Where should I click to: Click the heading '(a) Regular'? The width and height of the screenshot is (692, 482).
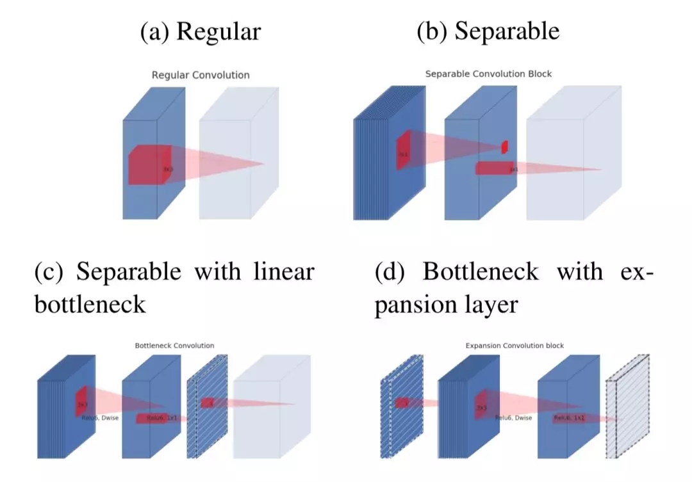tap(200, 31)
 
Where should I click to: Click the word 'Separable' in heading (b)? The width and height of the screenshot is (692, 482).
tap(507, 31)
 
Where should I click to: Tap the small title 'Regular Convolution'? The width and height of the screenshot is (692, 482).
tap(201, 75)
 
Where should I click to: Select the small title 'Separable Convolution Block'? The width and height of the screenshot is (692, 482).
tap(488, 74)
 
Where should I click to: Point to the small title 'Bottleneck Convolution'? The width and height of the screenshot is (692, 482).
tap(174, 346)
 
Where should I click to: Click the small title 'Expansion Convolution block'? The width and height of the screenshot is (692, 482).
tap(515, 346)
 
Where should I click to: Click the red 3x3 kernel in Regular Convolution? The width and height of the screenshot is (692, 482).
tap(149, 165)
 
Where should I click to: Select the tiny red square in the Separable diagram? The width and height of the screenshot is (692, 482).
tap(504, 147)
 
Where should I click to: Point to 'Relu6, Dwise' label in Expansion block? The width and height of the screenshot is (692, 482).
tap(513, 418)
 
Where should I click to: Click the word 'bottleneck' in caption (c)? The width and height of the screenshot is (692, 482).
tap(90, 304)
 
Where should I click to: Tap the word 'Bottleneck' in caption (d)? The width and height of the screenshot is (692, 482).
tap(481, 272)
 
